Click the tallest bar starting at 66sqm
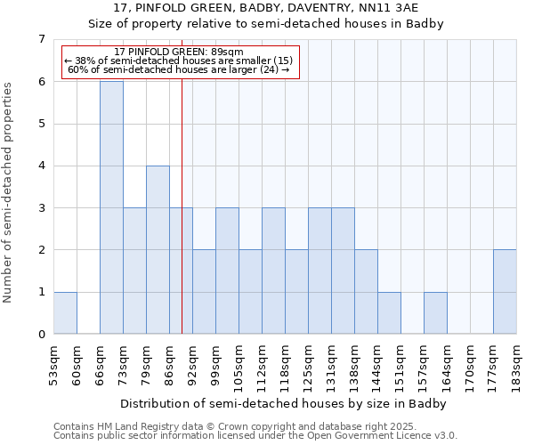pos(111,207)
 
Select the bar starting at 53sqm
pos(65,312)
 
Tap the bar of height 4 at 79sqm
pos(158,249)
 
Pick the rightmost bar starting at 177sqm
pos(505,292)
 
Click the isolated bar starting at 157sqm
pos(435,312)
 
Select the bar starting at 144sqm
pos(389,312)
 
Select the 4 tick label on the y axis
pos(41,166)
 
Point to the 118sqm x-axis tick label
pos(285,363)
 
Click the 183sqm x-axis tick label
pos(516,363)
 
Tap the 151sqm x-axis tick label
pos(400,363)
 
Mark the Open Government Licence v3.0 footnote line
pos(255,436)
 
